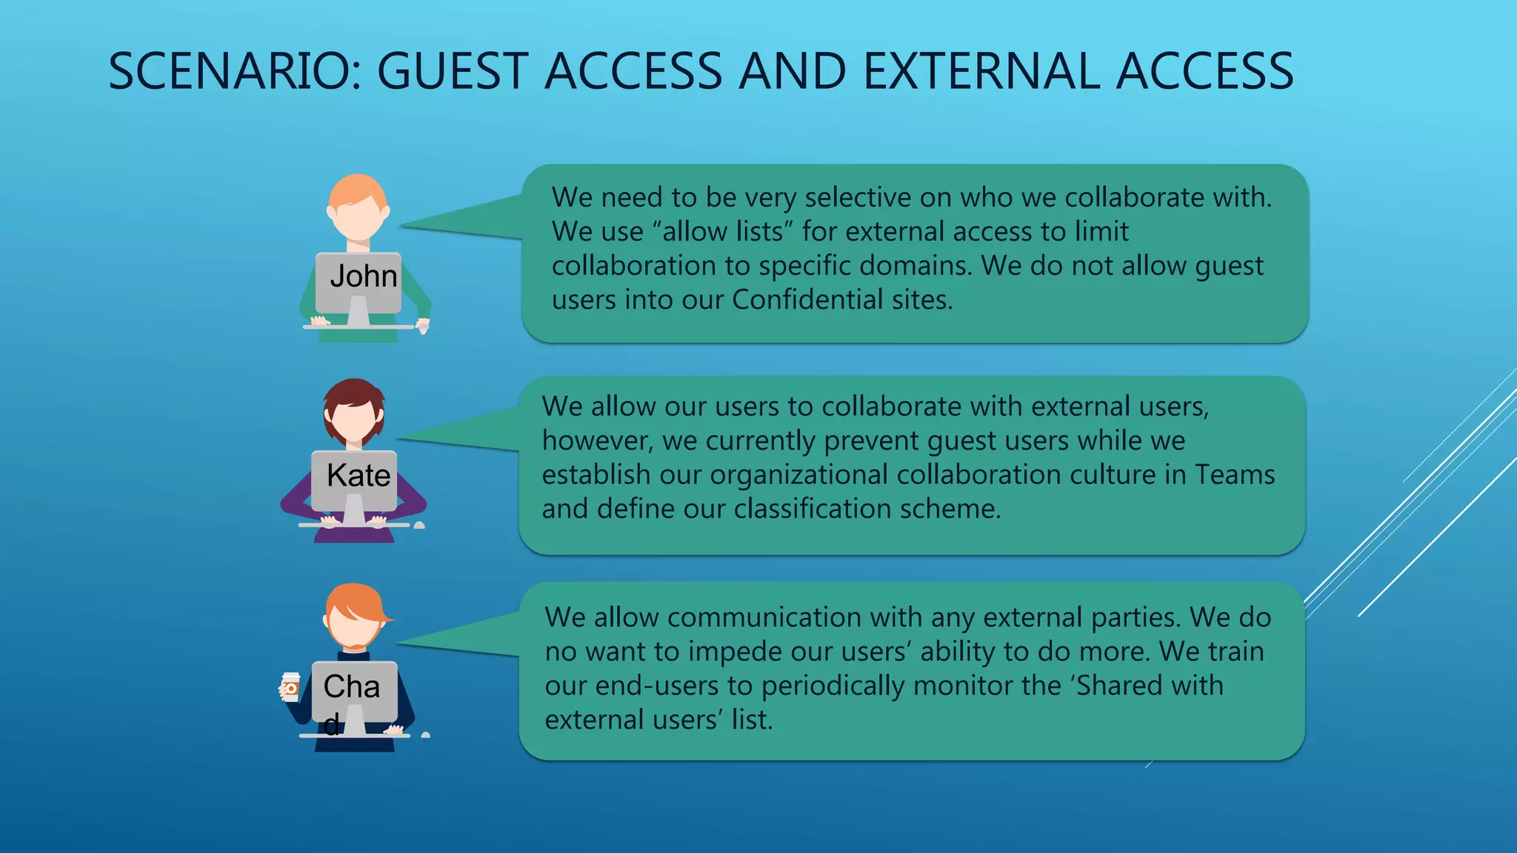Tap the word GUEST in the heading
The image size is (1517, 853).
click(453, 72)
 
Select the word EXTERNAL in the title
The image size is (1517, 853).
click(981, 72)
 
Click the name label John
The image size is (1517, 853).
click(363, 276)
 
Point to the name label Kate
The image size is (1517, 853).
click(359, 475)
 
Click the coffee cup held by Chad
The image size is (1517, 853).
click(290, 686)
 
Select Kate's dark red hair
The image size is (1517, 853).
click(353, 396)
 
